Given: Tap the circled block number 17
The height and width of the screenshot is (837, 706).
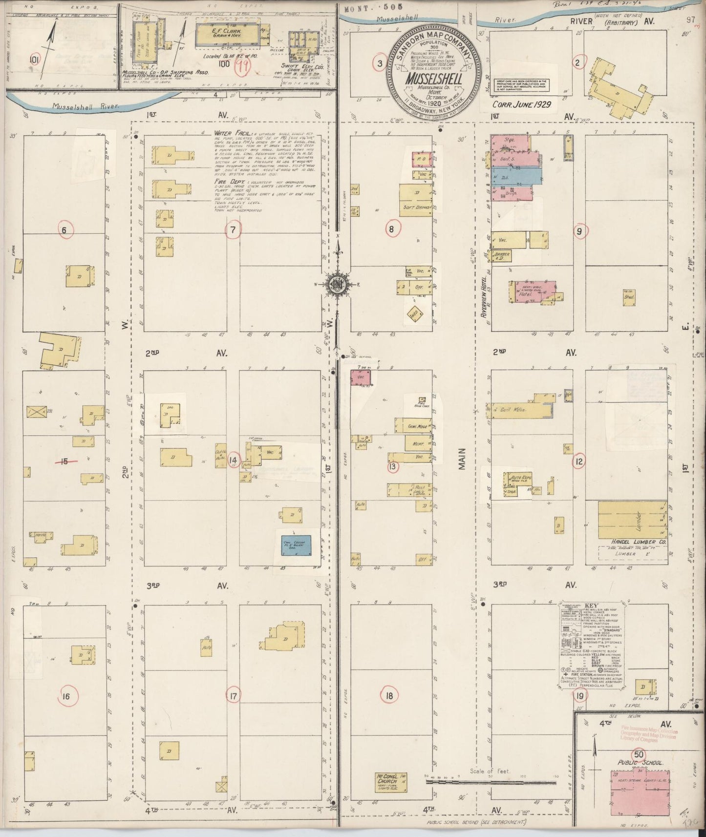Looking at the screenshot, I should point(234,694).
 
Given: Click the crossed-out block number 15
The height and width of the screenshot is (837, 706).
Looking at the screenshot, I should point(64,460).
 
